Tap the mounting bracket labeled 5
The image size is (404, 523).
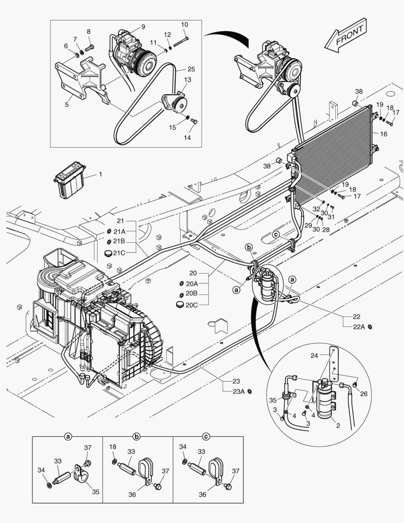click(80, 77)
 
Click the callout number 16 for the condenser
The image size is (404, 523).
click(384, 134)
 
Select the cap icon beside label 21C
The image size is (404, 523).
click(109, 252)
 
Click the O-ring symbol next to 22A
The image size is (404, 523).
click(371, 327)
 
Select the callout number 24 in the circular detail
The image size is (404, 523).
click(314, 355)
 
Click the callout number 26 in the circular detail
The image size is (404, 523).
click(364, 394)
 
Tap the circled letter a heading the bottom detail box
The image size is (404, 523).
click(68, 436)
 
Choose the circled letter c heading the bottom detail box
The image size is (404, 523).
click(206, 436)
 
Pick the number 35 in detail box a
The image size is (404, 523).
click(95, 492)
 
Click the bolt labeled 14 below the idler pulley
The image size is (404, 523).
click(194, 121)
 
